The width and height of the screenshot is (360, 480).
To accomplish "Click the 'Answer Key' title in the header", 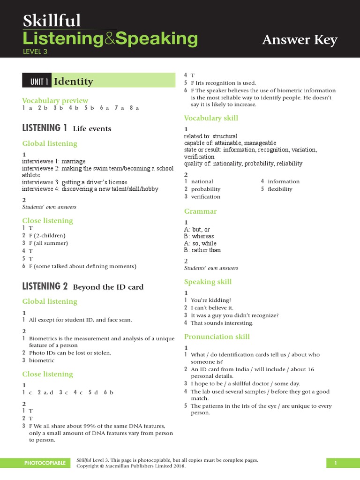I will point(300,40).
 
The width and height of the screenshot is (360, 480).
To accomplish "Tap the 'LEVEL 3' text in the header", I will point(35,52).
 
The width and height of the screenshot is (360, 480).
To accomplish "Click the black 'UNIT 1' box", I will point(37,82).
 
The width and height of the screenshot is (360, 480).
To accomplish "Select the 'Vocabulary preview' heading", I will point(55,100).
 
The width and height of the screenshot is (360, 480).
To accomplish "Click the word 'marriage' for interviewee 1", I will point(74,161).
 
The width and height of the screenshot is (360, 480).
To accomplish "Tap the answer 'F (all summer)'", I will point(48,243).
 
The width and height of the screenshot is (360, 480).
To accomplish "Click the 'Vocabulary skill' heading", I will point(211,118).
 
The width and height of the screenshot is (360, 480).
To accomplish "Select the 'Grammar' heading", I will point(200,211).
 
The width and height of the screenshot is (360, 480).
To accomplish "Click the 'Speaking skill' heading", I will point(208,282).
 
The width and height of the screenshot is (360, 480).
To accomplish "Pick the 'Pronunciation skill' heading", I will point(217,337).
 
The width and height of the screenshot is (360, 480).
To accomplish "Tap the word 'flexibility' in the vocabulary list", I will point(280,189).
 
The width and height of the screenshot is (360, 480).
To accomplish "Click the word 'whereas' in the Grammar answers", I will point(203,236).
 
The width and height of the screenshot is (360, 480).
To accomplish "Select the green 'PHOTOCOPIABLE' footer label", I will point(45,463).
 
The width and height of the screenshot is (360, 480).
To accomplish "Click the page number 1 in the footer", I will point(336,463).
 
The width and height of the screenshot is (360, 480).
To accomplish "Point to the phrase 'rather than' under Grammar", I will point(207,250).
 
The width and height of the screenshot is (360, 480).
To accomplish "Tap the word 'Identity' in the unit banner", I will point(74,82).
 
